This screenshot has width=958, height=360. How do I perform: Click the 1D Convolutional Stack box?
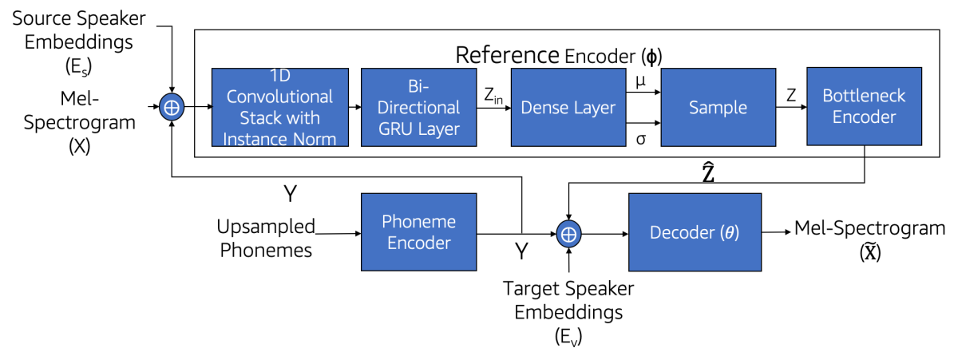279,107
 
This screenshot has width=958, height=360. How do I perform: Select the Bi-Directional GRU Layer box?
418,107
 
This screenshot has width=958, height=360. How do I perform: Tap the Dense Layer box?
568,107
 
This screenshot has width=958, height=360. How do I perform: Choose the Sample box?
718,107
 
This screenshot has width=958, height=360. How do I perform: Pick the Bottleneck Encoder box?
864,106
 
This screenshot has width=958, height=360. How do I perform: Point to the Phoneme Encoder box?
418,231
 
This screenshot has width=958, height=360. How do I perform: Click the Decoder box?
695,232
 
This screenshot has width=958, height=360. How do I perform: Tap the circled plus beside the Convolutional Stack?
172,107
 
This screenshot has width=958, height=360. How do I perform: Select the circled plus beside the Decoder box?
568,234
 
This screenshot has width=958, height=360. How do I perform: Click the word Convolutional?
279,97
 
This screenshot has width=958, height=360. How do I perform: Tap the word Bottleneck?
864,96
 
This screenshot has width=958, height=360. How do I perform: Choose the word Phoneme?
418,221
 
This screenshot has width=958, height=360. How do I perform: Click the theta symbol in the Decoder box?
729,233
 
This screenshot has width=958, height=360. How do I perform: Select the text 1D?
279,76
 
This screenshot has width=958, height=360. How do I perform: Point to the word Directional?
418,107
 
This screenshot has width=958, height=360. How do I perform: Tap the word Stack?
260,117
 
